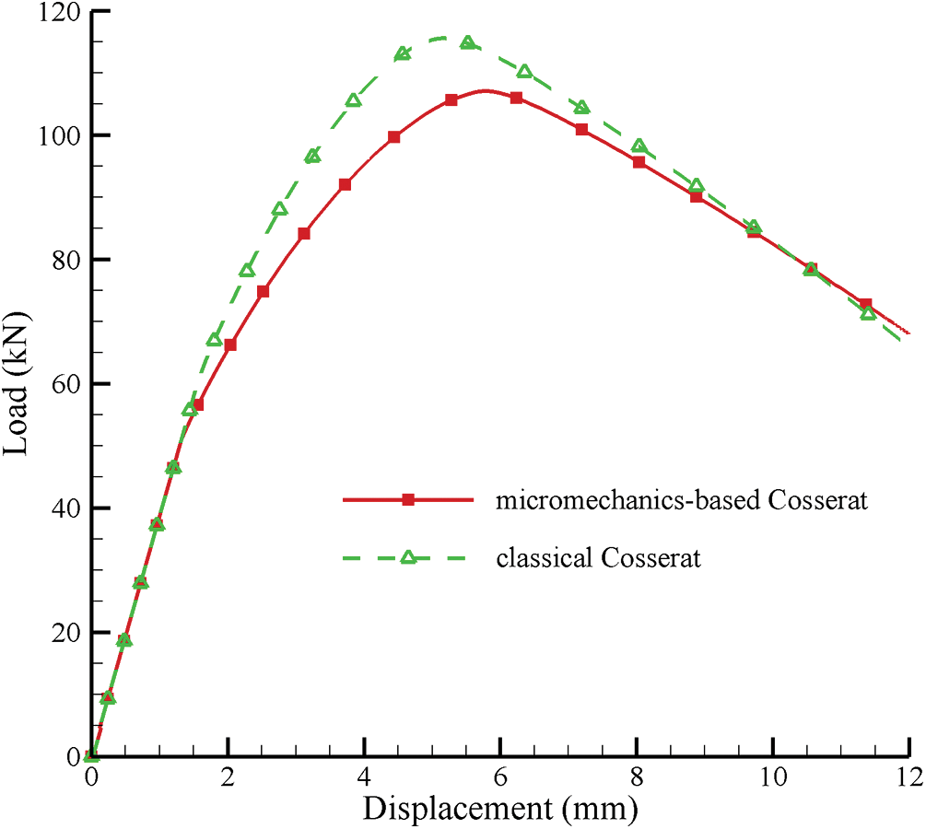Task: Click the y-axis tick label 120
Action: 57,13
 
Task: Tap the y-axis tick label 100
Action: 57,135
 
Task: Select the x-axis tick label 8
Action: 637,776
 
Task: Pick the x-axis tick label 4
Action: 364,776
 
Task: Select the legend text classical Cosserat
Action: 599,558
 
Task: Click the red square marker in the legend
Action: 408,500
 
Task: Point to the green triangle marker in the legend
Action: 408,557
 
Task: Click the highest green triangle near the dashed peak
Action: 468,42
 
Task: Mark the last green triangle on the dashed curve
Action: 867,313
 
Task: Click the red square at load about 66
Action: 230,344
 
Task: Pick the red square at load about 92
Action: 345,184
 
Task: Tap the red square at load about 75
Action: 264,291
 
